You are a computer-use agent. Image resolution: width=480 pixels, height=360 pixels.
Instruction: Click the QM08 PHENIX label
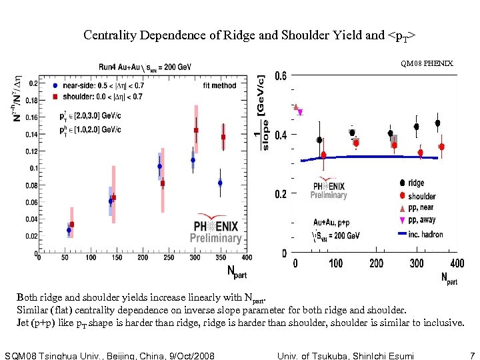427,63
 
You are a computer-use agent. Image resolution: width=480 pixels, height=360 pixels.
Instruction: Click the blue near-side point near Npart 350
220,183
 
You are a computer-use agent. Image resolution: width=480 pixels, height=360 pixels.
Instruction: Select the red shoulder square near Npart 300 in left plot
196,131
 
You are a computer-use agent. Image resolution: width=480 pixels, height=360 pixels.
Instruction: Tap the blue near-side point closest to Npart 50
69,230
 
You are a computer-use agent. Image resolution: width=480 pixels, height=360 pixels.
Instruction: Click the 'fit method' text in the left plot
219,85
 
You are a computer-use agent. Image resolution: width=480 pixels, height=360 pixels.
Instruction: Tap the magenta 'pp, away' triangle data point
300,113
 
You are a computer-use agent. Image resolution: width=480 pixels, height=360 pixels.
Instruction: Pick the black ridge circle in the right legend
401,183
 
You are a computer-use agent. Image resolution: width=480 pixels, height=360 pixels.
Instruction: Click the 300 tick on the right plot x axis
417,264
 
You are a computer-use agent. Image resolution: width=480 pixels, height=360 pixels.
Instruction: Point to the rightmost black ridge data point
438,123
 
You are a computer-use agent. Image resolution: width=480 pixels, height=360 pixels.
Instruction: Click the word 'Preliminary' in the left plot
215,238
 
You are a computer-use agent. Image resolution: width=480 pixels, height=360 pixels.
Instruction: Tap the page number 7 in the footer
472,355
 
